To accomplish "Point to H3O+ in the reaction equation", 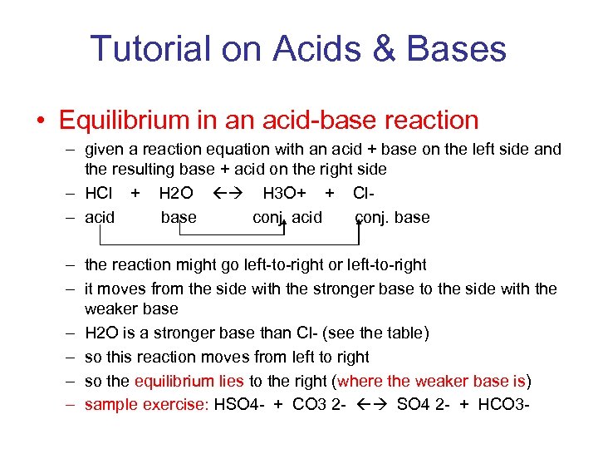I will pos(284,194).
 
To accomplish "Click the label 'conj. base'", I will pos(392,218).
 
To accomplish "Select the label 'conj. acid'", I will pos(287,218).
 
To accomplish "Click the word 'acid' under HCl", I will pos(100,218).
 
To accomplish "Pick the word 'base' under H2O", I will pos(179,218).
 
